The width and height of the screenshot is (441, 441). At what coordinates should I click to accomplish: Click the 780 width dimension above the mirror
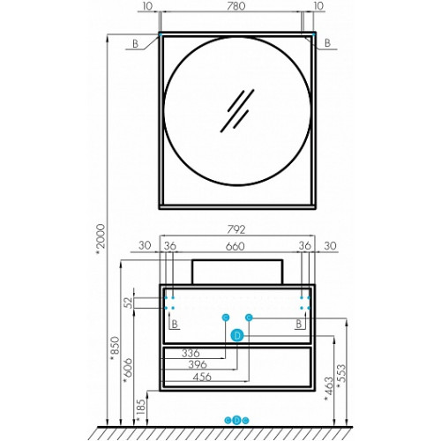[x=236, y=6]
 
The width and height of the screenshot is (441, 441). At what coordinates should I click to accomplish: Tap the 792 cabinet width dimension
[x=236, y=229]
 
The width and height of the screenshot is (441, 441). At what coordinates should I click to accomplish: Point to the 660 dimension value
[x=235, y=246]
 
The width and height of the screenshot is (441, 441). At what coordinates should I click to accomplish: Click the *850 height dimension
[x=115, y=349]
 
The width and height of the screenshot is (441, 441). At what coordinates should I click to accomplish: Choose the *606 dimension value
[x=129, y=370]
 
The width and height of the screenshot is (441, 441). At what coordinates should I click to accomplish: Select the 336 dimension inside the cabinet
[x=191, y=353]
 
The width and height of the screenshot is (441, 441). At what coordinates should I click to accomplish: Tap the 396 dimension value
[x=198, y=364]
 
